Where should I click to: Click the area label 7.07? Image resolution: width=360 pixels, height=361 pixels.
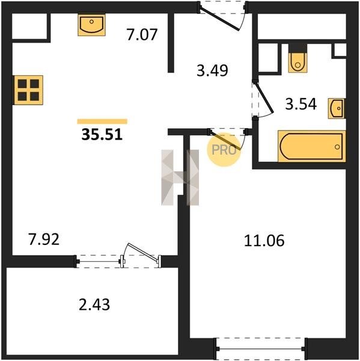coord(142,34)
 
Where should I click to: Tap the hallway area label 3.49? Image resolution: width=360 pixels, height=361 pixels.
coord(212,70)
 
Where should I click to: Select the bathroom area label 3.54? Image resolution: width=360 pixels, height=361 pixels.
coord(301,104)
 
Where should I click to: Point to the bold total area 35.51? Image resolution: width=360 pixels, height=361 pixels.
coord(102,134)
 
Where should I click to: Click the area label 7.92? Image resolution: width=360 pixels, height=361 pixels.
coord(44,239)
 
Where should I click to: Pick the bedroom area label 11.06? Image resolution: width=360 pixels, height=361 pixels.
coord(264,241)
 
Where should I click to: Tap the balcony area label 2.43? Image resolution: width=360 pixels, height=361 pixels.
coord(94,304)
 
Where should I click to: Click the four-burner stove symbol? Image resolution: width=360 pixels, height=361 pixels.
coord(28,90)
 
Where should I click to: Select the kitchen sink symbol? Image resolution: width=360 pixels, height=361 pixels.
coord(91,25)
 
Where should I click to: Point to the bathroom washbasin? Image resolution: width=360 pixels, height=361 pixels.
coord(337,108)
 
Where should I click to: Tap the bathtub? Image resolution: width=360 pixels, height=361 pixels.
coord(312,146)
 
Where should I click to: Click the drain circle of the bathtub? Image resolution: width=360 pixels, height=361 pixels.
coord(337,147)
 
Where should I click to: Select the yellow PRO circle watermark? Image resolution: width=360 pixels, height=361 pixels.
coord(224,150)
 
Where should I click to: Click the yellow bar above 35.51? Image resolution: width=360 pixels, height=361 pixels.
coord(102,122)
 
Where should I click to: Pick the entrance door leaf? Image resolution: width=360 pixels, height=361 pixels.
coord(219,20)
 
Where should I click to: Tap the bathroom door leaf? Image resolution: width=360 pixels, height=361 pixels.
coord(264,97)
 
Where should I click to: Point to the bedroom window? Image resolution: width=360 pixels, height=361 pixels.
coord(261,349)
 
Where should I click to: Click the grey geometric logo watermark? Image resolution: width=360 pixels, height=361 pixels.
coord(180,177)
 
